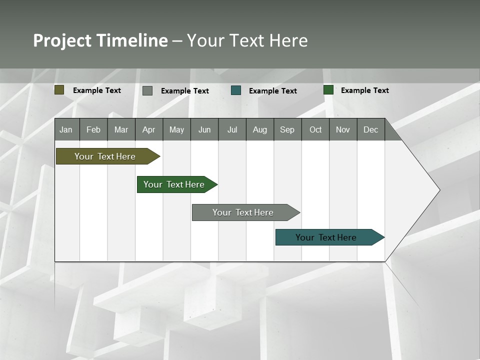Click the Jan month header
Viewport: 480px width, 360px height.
point(66,129)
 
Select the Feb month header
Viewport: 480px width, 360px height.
point(93,129)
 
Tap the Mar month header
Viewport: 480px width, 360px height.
point(121,129)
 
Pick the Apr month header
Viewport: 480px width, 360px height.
point(149,129)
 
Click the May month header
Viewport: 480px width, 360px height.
point(176,129)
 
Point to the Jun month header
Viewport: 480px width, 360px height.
point(204,129)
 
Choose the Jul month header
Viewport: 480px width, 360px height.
point(232,129)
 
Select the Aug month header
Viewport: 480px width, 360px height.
point(260,129)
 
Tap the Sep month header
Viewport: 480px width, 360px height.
point(287,129)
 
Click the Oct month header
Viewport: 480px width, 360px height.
point(315,129)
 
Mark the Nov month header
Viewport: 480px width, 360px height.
point(343,129)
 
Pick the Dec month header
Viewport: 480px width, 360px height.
point(371,129)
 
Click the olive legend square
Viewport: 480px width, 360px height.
point(59,90)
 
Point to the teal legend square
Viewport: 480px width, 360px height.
point(236,90)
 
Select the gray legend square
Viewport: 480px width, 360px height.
point(147,90)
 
